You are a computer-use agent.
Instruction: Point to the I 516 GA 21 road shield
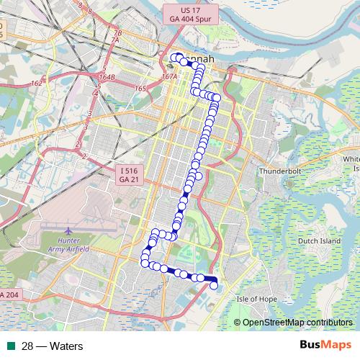tap(128, 173)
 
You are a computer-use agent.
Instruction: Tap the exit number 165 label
tap(140, 88)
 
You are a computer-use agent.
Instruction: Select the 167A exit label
tap(170, 76)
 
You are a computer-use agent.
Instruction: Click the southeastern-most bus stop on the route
tap(213, 286)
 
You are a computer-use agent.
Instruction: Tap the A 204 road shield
tap(11, 295)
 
